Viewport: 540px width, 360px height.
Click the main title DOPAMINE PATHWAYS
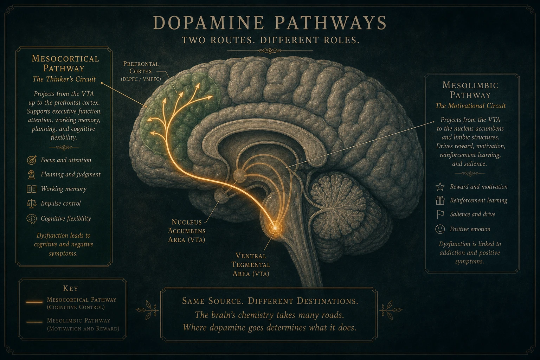tap(270, 23)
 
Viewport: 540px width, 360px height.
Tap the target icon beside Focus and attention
tap(32, 160)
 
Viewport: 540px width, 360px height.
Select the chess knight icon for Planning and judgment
tap(32, 174)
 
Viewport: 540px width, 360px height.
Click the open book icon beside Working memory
tap(32, 189)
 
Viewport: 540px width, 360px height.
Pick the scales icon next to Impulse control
tap(32, 204)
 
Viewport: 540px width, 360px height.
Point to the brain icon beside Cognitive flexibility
tap(32, 219)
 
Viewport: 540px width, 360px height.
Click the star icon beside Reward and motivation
tap(440, 187)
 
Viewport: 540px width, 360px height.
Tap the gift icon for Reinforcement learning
tap(440, 200)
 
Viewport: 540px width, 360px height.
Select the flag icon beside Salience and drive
tap(440, 214)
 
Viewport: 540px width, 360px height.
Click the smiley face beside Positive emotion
tap(440, 229)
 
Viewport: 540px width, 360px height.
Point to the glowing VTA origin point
tap(275, 227)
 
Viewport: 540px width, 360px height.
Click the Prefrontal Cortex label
tap(141, 71)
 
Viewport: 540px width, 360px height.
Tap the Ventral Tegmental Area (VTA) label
tap(251, 264)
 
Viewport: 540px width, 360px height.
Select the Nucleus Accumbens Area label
tap(187, 231)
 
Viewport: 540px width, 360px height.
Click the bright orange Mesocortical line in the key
tap(34, 302)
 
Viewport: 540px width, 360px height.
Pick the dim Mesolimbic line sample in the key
tap(34, 322)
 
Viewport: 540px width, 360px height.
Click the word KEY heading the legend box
tap(70, 288)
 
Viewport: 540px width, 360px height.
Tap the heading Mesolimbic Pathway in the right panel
tap(470, 90)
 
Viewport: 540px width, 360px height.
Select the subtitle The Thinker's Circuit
tap(64, 79)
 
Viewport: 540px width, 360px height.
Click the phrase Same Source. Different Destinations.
tap(270, 301)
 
